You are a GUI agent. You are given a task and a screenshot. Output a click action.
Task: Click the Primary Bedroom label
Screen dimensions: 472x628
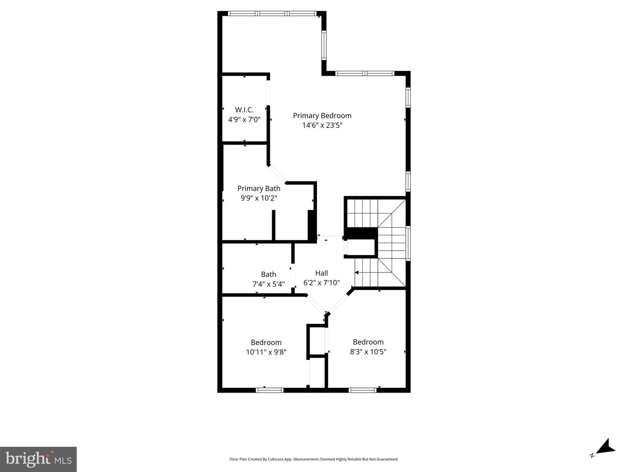pyautogui.click(x=322, y=116)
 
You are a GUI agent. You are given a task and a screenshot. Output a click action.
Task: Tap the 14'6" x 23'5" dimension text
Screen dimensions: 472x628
pyautogui.click(x=322, y=125)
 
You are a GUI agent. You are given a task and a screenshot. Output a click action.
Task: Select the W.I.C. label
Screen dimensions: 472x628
pyautogui.click(x=244, y=110)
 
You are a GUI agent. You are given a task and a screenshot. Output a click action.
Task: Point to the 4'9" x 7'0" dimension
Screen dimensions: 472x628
pyautogui.click(x=244, y=119)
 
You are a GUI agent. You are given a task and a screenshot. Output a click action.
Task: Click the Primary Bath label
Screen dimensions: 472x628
pyautogui.click(x=259, y=189)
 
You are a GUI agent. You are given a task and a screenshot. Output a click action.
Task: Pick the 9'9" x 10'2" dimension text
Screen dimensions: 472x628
pyautogui.click(x=259, y=198)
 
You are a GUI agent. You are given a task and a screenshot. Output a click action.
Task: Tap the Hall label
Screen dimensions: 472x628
pyautogui.click(x=321, y=273)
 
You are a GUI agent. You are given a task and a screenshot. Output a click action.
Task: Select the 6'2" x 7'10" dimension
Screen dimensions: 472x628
pyautogui.click(x=321, y=283)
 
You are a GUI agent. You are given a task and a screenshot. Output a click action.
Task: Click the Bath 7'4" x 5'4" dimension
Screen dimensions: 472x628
pyautogui.click(x=269, y=284)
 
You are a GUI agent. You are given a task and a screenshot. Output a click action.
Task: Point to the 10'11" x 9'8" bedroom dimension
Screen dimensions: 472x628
pyautogui.click(x=266, y=352)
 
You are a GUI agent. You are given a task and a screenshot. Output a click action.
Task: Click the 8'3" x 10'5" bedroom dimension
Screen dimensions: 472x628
pyautogui.click(x=368, y=352)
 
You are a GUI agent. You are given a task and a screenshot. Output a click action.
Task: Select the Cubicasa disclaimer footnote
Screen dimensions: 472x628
pyautogui.click(x=314, y=459)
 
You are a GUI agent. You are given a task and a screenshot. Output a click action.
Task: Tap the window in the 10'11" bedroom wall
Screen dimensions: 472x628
pyautogui.click(x=269, y=390)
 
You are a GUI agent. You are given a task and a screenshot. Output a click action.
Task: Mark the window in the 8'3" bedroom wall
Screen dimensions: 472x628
pyautogui.click(x=362, y=390)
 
